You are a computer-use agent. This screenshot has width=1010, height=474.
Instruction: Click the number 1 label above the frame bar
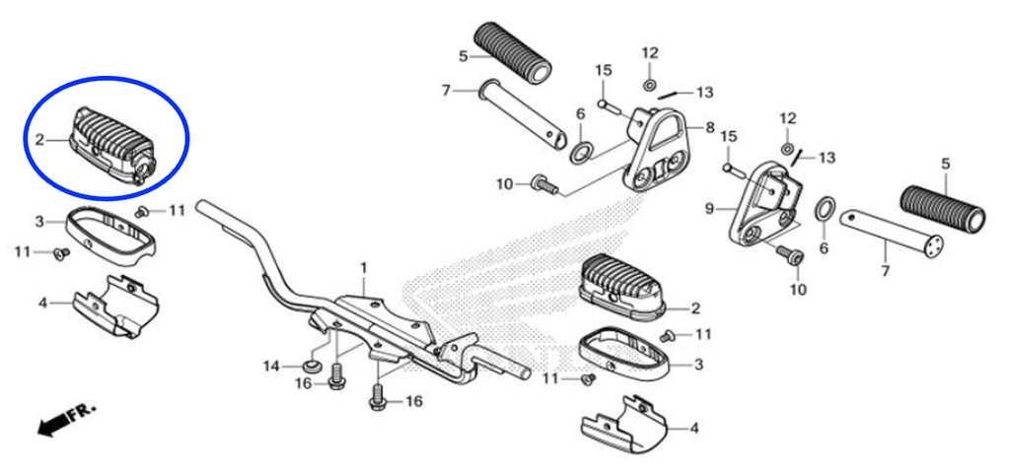click(x=363, y=267)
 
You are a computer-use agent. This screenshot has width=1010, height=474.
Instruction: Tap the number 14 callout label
click(x=271, y=367)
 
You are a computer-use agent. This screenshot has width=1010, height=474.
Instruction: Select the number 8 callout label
click(x=710, y=127)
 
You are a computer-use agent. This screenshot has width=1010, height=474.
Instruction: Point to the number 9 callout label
click(x=710, y=208)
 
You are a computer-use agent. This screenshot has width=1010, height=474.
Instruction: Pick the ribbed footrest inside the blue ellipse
click(x=113, y=145)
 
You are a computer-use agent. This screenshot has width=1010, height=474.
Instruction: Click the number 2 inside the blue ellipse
click(x=39, y=139)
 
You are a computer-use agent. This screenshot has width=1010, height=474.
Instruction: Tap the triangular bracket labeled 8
click(x=655, y=150)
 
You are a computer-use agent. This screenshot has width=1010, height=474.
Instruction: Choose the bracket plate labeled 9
click(x=764, y=205)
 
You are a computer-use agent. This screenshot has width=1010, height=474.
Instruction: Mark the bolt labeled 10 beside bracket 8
click(x=544, y=184)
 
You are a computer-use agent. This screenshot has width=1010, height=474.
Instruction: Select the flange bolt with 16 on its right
click(x=335, y=375)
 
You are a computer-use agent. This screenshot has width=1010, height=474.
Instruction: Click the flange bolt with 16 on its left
click(x=378, y=396)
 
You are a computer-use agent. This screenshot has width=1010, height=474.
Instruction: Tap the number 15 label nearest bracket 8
click(x=603, y=70)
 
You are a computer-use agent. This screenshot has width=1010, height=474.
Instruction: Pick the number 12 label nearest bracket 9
click(x=788, y=118)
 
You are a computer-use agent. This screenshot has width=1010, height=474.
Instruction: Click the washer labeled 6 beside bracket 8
click(x=583, y=152)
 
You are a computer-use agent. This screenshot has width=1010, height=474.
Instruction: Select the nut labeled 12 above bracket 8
click(x=650, y=85)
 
